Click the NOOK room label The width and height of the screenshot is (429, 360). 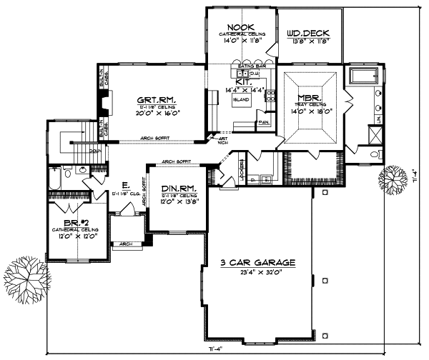(241, 26)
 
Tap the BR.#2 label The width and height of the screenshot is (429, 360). (70, 223)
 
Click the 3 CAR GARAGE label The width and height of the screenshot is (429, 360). (257, 263)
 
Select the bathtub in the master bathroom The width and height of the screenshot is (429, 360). (366, 76)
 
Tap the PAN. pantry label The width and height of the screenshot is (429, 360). (263, 122)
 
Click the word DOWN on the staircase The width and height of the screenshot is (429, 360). (95, 151)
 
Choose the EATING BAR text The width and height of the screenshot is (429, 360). (247, 66)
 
